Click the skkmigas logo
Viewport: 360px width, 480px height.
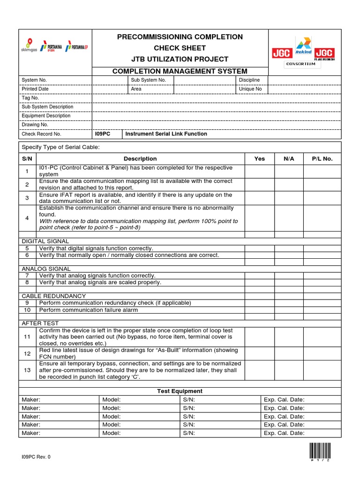point(29,45)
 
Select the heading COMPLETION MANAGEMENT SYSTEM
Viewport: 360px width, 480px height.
point(180,71)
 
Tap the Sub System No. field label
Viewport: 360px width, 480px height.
point(149,80)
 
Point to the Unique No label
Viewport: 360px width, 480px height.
point(250,89)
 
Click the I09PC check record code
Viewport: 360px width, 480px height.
point(103,134)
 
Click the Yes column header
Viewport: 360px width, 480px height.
point(259,159)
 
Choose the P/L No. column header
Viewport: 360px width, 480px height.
point(322,159)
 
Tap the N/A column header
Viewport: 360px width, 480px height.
point(289,159)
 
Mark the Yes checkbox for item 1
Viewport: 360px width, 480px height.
point(259,171)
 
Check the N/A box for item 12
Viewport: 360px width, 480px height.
point(289,353)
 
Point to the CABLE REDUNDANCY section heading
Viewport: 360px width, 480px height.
point(54,296)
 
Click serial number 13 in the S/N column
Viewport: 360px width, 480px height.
point(27,370)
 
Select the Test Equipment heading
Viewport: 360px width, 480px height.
point(180,391)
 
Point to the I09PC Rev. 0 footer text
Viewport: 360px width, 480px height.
point(36,457)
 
